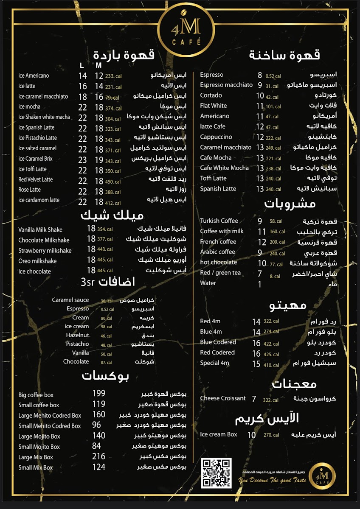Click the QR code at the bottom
[x=217, y=473]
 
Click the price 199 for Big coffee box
[x=99, y=394]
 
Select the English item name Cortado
[x=211, y=95]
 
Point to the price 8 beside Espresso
[x=260, y=75]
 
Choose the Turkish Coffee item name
[x=219, y=221]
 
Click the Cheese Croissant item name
[x=223, y=399]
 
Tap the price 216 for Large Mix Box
[x=99, y=456]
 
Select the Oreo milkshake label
[x=37, y=261]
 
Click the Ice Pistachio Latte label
[x=37, y=138]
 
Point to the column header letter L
[x=82, y=65]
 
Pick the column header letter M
[x=98, y=65]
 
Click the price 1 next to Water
[x=260, y=284]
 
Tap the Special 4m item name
[x=214, y=363]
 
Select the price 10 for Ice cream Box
[x=252, y=435]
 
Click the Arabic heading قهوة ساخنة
[x=284, y=55]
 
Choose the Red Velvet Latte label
[x=36, y=179]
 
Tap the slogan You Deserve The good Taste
[x=272, y=481]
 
